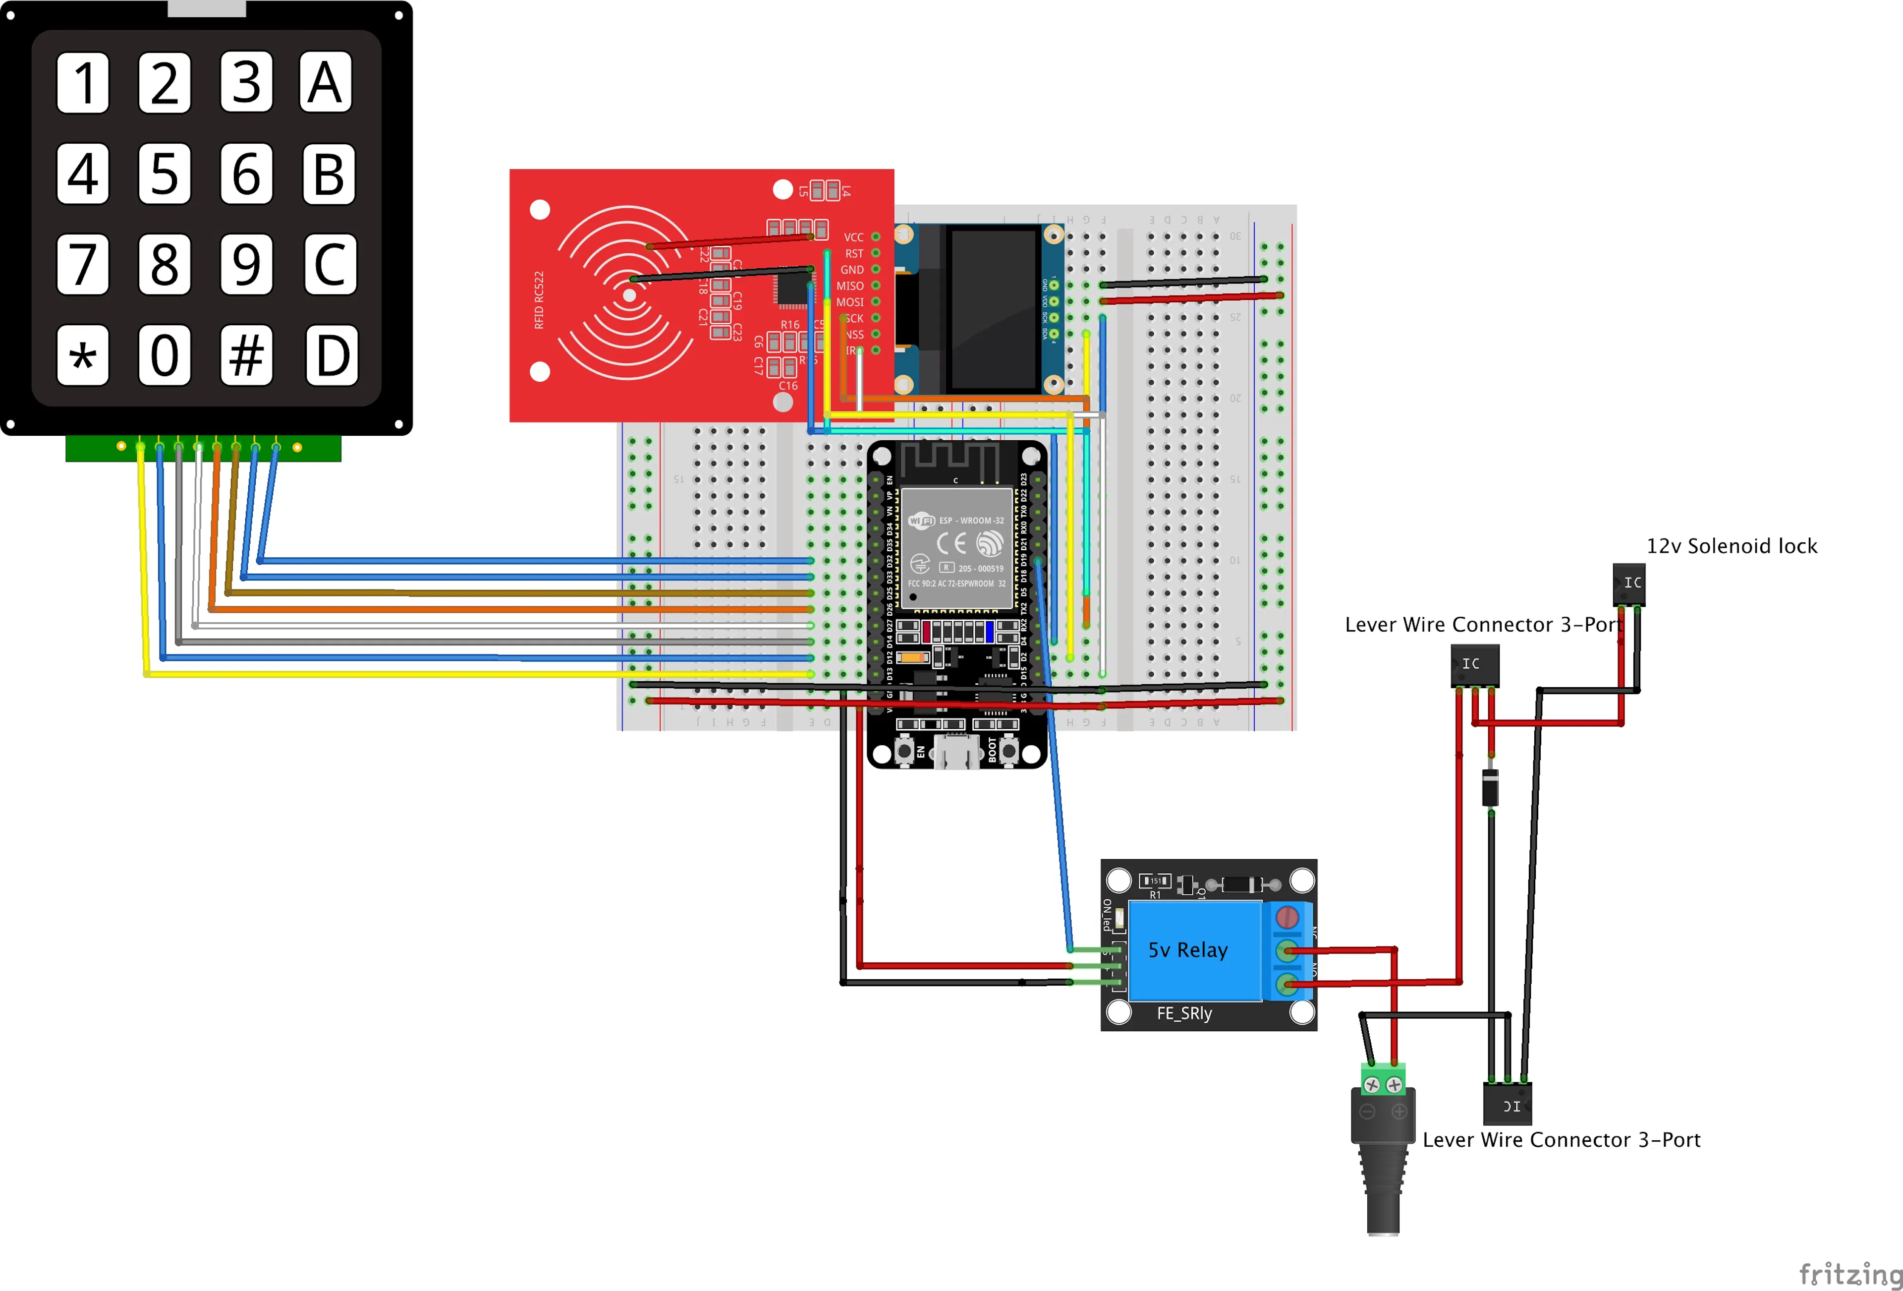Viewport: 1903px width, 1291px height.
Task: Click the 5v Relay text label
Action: coord(1187,950)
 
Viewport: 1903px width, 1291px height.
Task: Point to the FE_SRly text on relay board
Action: coord(1184,1013)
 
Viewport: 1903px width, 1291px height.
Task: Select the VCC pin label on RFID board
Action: coord(853,237)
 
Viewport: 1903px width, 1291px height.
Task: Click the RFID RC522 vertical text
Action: coord(539,300)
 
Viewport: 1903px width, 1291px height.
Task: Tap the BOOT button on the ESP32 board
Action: coord(1009,750)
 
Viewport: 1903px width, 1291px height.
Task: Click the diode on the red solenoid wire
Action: coord(1491,787)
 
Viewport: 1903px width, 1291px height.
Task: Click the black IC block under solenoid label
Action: coord(1628,583)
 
